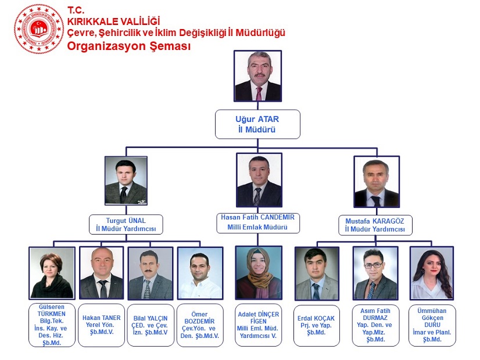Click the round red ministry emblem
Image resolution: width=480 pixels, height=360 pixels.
pyautogui.click(x=39, y=29)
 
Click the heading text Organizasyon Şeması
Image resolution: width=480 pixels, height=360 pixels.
pyautogui.click(x=129, y=46)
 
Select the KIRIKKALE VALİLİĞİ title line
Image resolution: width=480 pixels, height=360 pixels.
pyautogui.click(x=113, y=21)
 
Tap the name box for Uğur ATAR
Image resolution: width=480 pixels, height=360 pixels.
pyautogui.click(x=257, y=124)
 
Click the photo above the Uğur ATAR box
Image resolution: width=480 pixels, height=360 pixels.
pyautogui.click(x=258, y=76)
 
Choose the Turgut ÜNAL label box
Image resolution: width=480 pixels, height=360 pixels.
pyautogui.click(x=126, y=225)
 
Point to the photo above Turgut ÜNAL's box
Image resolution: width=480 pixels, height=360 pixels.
pyautogui.click(x=126, y=181)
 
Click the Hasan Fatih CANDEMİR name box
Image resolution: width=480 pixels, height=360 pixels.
pyautogui.click(x=257, y=222)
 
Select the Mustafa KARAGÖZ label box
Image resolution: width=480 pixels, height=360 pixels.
pyautogui.click(x=375, y=225)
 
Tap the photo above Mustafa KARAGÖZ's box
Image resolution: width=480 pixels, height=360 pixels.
pyautogui.click(x=377, y=182)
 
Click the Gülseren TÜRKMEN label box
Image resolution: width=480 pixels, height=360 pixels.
pyautogui.click(x=52, y=325)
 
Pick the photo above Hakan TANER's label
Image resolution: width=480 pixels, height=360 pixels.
pyautogui.click(x=101, y=273)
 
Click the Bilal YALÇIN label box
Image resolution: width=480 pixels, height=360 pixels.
pyautogui.click(x=151, y=325)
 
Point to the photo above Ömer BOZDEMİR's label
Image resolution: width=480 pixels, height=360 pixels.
pyautogui.click(x=200, y=273)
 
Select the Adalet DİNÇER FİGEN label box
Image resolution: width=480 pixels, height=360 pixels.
pyautogui.click(x=259, y=325)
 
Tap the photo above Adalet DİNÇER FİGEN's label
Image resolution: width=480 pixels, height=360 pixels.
pyautogui.click(x=259, y=273)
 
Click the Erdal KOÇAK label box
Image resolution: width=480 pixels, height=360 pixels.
pyautogui.click(x=317, y=325)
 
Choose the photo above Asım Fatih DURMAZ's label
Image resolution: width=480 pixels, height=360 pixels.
pyautogui.click(x=375, y=273)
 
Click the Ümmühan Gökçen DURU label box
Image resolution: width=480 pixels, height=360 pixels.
pyautogui.click(x=432, y=325)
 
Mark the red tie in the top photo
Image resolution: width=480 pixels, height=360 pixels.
pyautogui.click(x=259, y=93)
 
